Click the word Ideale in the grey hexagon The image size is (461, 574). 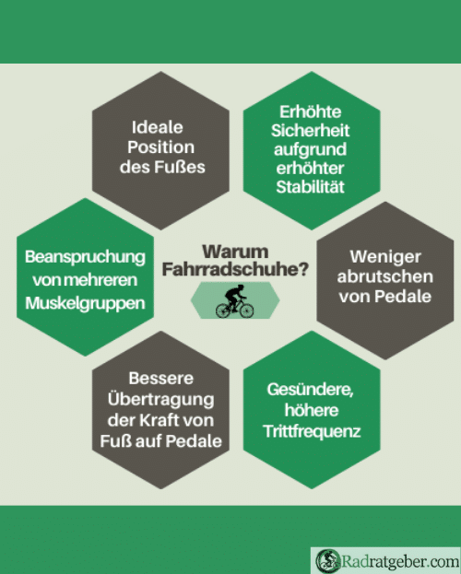point(158,127)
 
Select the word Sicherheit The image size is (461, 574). point(311,130)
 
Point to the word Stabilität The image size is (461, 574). point(311,187)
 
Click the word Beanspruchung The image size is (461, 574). point(85,257)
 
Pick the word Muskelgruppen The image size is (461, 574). point(85,303)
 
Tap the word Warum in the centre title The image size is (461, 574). point(235,252)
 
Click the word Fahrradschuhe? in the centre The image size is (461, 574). point(235,269)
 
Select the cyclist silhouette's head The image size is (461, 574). point(240,287)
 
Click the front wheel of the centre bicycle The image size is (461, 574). point(246,310)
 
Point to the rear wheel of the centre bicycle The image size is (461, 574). point(223,310)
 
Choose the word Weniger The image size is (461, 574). point(385,257)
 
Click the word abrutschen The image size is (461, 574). point(385,276)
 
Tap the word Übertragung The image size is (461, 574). point(160,398)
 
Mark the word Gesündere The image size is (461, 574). point(310,390)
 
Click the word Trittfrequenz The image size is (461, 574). point(312,431)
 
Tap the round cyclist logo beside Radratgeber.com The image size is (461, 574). point(327,561)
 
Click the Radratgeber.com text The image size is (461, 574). point(400,561)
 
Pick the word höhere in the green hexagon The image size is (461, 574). point(312,410)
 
